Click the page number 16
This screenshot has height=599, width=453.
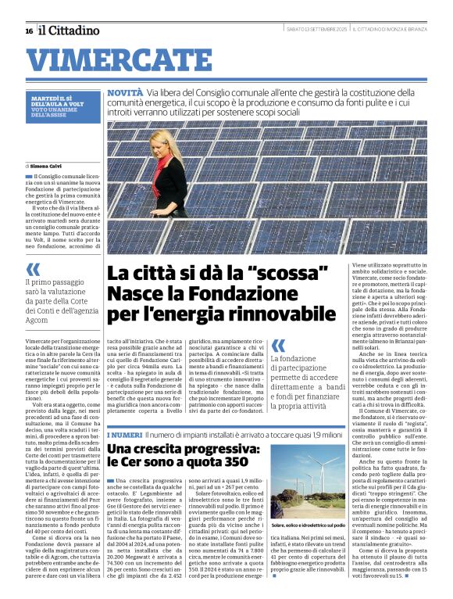[29, 30]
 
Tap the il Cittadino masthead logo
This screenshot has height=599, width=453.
[70, 30]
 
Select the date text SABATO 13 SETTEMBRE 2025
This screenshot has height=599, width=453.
[317, 30]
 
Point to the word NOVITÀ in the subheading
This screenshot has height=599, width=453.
[125, 92]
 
